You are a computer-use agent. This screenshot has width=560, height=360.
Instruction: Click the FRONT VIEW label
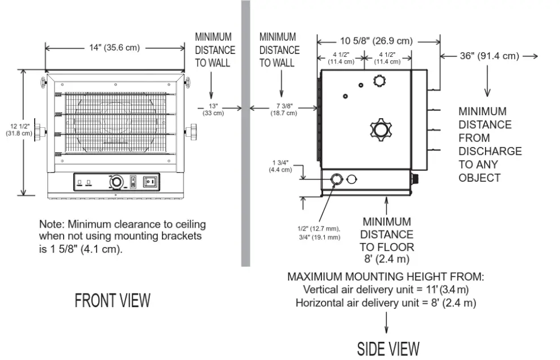[112, 300]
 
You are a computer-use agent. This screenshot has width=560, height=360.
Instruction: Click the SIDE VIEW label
[388, 349]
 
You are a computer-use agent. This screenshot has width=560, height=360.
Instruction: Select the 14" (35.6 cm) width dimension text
[114, 48]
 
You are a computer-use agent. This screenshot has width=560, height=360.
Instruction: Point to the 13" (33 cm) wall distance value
[214, 109]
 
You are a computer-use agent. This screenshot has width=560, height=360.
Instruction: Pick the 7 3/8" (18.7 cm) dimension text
[283, 109]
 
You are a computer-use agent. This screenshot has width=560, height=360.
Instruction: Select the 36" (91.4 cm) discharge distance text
[488, 56]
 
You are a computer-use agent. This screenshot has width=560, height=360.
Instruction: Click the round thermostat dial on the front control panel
[116, 182]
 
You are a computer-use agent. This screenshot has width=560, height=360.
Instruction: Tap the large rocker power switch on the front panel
[151, 182]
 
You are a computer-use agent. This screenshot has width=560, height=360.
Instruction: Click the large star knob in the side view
[379, 129]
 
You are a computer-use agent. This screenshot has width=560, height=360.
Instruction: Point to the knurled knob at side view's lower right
[415, 179]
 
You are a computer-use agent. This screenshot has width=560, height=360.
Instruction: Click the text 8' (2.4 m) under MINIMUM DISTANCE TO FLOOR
[387, 259]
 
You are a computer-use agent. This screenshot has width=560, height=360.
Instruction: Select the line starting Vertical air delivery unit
[386, 290]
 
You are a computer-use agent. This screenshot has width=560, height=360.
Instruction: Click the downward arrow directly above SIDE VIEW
[387, 324]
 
